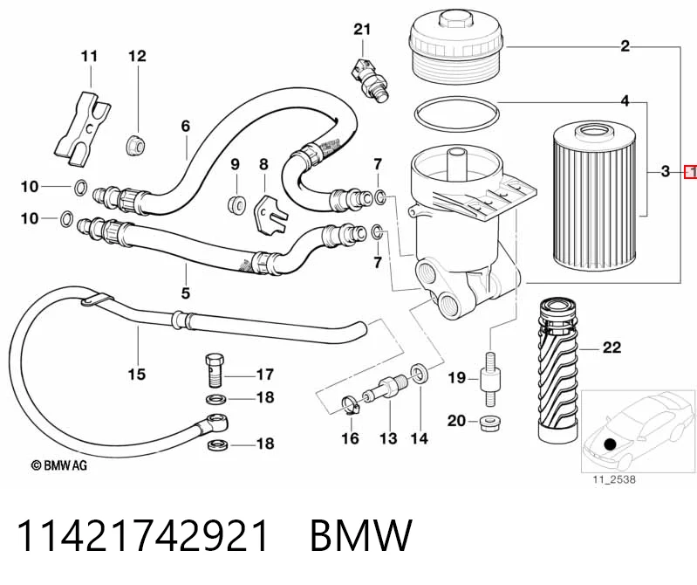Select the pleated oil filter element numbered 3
coord(592,198)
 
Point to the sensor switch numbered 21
coord(369,79)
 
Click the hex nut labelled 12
coord(135,145)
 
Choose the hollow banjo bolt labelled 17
coord(215,370)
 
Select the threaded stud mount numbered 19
coord(490,379)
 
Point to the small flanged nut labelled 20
coord(491,423)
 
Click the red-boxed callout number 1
coord(690,171)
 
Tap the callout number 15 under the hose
coord(137,374)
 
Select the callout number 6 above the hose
coord(186,127)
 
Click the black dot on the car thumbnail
coord(611,444)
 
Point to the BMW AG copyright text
coord(58,465)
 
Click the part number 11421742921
coord(143,536)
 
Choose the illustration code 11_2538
coord(613,479)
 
